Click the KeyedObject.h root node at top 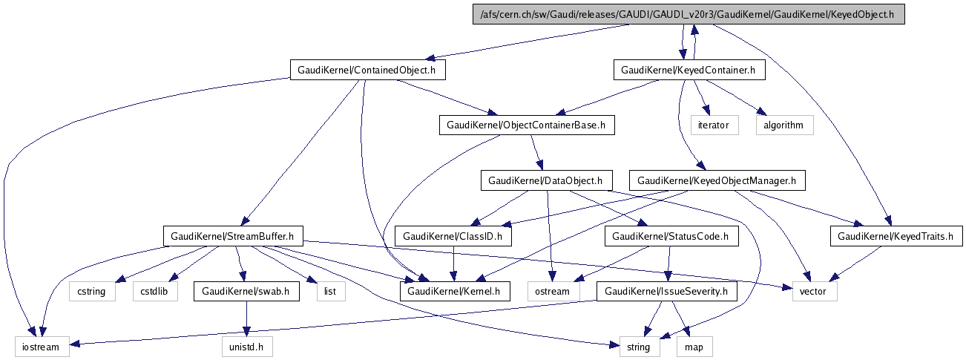(689, 14)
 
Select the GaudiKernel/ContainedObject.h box (361, 71)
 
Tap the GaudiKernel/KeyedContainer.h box (688, 71)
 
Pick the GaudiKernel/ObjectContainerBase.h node (527, 125)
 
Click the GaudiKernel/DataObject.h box (547, 180)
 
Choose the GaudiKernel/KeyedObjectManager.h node (716, 180)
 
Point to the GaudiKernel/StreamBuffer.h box (233, 237)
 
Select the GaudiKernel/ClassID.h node (453, 237)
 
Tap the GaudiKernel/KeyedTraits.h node (896, 237)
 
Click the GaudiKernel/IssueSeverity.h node (667, 292)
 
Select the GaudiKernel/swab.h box (246, 292)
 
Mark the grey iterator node (714, 125)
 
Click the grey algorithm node (783, 125)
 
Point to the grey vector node (814, 292)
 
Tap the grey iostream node (42, 347)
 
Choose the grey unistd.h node (247, 347)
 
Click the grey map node (694, 347)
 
